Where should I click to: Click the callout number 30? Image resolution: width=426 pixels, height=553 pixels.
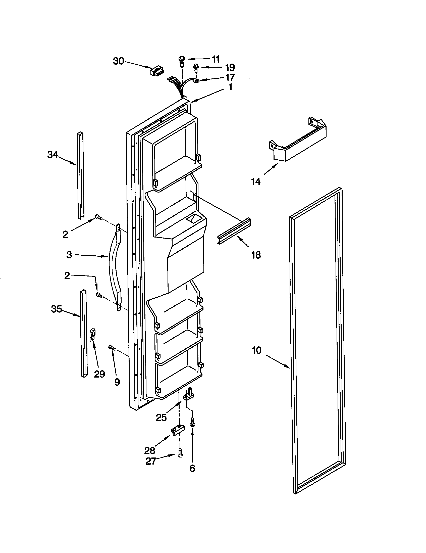(x=118, y=61)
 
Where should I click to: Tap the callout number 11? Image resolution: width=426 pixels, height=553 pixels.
(x=215, y=59)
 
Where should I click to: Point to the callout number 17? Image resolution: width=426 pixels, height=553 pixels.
(x=230, y=77)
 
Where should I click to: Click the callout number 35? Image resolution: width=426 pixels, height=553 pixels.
(x=57, y=309)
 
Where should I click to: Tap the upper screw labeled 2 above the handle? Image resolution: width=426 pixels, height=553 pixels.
(x=98, y=217)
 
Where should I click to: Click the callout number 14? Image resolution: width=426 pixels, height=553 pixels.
(x=256, y=181)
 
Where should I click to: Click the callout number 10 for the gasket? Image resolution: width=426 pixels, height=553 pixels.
(x=256, y=350)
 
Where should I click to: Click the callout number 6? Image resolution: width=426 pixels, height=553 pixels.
(x=192, y=469)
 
